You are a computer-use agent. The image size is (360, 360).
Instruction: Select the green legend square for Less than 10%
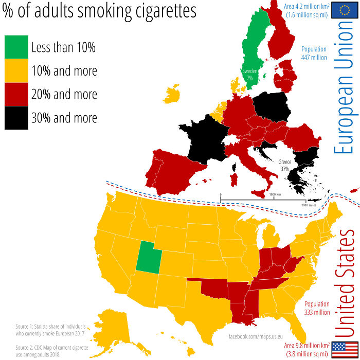point(16,47)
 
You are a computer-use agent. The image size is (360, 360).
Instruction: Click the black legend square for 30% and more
point(16,118)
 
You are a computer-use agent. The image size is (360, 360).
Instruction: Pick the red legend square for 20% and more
point(16,94)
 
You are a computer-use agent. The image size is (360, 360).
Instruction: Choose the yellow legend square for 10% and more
point(16,71)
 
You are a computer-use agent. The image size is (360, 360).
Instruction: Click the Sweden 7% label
point(250,74)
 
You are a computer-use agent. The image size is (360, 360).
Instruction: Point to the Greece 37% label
point(284,165)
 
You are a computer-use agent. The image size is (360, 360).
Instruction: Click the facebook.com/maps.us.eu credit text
point(256,336)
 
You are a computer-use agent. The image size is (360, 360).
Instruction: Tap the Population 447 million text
point(314,53)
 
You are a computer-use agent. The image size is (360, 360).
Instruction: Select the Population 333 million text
point(317,308)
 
